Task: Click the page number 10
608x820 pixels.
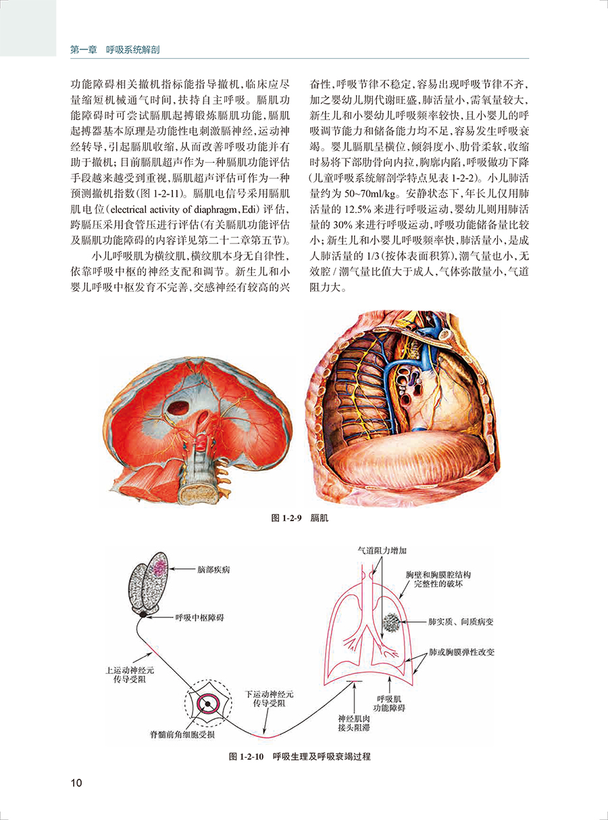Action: click(76, 782)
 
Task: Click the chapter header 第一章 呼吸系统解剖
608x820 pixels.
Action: click(115, 50)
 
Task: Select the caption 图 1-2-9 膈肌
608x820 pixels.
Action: click(300, 518)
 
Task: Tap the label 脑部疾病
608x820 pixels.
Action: click(213, 569)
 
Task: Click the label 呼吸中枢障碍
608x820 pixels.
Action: click(199, 617)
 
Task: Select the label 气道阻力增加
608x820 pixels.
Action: click(382, 550)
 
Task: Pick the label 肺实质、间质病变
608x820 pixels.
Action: click(461, 622)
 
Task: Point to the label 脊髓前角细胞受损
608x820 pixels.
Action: click(182, 734)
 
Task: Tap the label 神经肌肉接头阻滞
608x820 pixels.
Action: click(354, 723)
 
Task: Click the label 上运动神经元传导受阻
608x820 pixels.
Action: click(130, 675)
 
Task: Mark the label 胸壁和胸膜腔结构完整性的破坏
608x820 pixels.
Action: click(438, 580)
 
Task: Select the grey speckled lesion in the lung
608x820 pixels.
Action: click(391, 623)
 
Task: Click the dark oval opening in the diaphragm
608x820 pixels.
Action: click(178, 408)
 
